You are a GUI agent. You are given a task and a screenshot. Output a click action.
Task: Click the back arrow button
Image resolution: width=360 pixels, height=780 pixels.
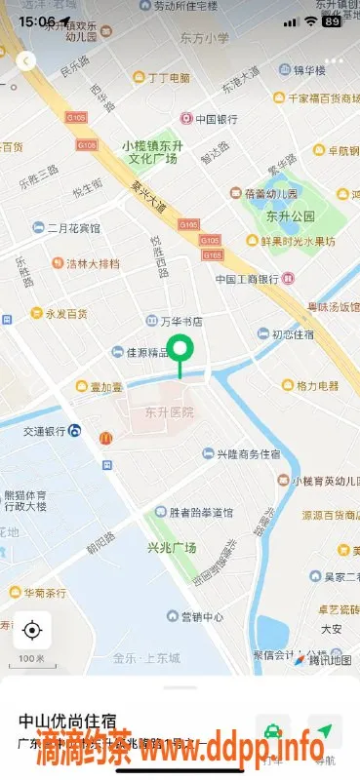click(26, 60)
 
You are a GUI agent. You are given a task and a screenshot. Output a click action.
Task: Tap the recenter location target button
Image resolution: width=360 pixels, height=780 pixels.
click(32, 630)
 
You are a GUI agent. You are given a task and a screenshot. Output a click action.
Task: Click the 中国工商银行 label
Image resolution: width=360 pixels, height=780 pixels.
click(248, 279)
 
